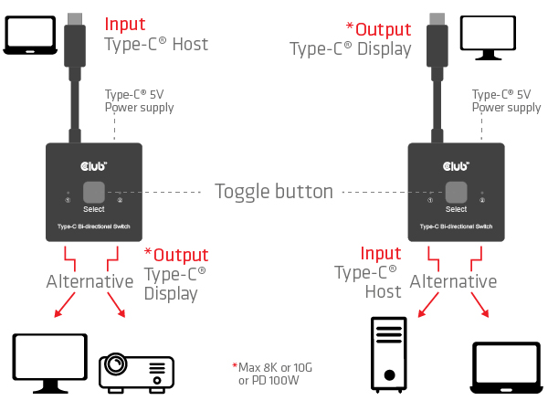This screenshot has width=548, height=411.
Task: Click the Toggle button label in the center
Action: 274,192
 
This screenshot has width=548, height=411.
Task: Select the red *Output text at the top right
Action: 378,28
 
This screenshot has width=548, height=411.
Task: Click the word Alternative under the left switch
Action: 90,281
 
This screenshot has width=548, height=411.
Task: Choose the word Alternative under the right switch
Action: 454,281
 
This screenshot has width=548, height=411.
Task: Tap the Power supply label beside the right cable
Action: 506,101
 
